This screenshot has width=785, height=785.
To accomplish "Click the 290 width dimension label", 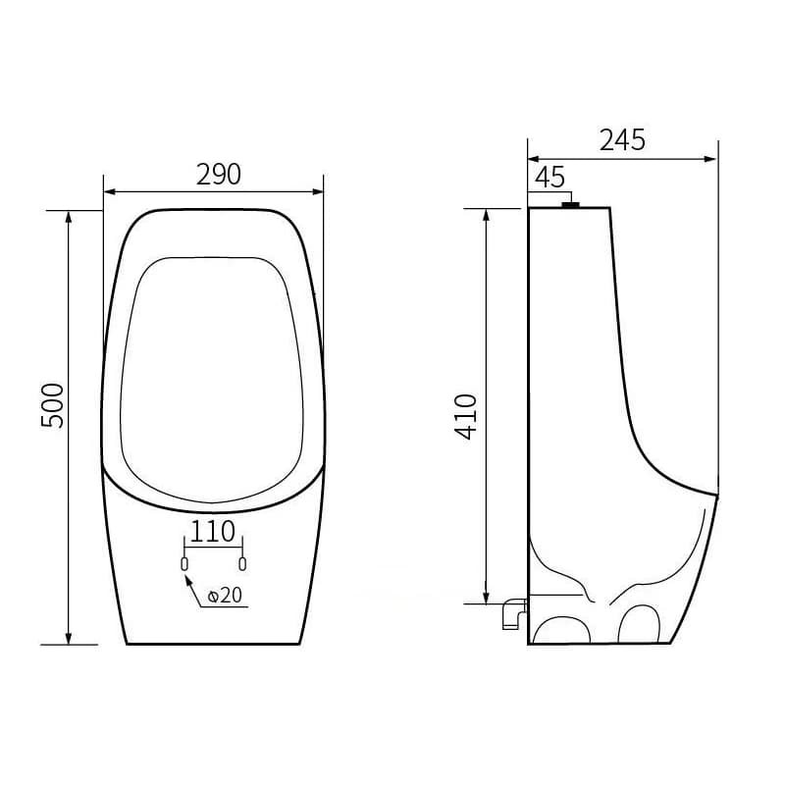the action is pyautogui.click(x=218, y=175).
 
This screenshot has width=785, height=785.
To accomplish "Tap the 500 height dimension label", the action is pyautogui.click(x=53, y=405).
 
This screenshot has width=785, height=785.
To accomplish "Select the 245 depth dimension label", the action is pyautogui.click(x=622, y=140).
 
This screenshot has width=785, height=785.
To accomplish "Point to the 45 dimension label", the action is pyautogui.click(x=549, y=178).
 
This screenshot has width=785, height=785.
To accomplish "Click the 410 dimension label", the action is pyautogui.click(x=466, y=416).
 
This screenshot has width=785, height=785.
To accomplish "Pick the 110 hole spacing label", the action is pyautogui.click(x=213, y=531).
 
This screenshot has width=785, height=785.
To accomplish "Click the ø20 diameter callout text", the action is pyautogui.click(x=225, y=596).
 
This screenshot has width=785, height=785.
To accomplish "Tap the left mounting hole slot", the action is pyautogui.click(x=184, y=563).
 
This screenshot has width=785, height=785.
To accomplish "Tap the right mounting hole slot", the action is pyautogui.click(x=242, y=563).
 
